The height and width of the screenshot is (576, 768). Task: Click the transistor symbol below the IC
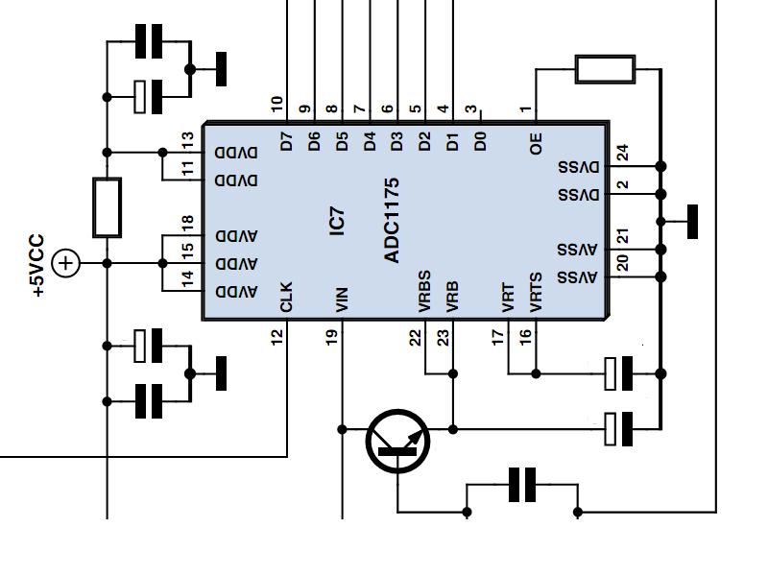click(398, 442)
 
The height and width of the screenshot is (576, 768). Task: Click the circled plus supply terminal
click(66, 262)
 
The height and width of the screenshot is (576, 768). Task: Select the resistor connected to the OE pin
click(604, 69)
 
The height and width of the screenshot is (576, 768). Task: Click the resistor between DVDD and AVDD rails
click(107, 207)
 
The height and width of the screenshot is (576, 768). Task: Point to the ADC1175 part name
click(392, 220)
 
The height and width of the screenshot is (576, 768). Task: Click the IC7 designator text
click(336, 220)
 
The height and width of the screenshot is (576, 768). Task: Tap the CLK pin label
click(286, 297)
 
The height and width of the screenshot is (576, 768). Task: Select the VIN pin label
click(342, 299)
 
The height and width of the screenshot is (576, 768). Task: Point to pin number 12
click(277, 336)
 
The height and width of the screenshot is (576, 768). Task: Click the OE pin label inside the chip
click(537, 143)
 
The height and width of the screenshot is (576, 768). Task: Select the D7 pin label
click(286, 141)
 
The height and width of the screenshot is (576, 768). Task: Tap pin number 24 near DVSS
click(622, 153)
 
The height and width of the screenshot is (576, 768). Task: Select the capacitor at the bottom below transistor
click(522, 485)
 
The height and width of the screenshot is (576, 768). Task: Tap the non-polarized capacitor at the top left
click(150, 41)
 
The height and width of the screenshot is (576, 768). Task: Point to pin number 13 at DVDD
click(187, 141)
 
